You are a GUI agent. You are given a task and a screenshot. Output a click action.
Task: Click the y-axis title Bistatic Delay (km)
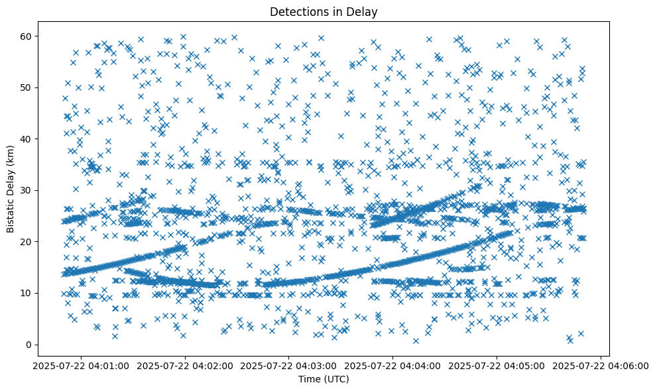[11, 180]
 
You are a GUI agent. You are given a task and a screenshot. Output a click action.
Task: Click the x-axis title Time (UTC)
[324, 380]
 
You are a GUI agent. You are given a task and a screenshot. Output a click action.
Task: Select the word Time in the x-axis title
[309, 380]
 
